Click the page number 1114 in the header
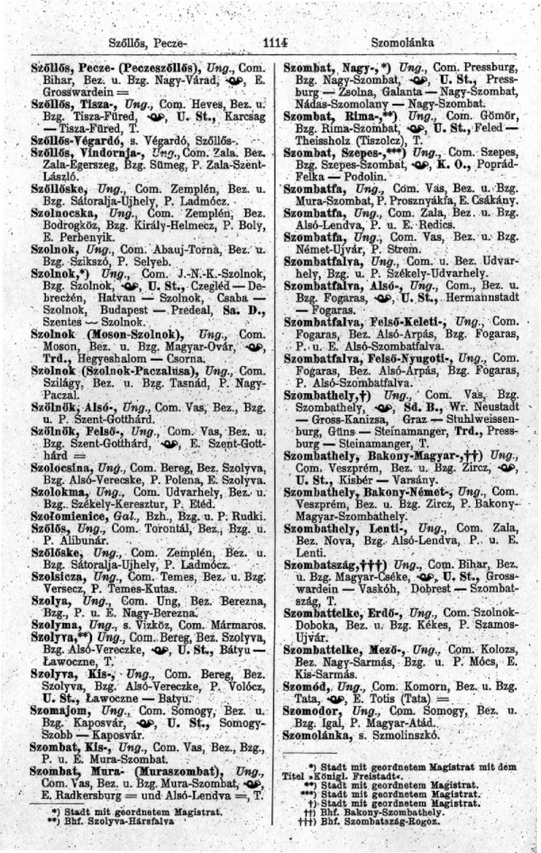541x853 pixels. pos(270,41)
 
